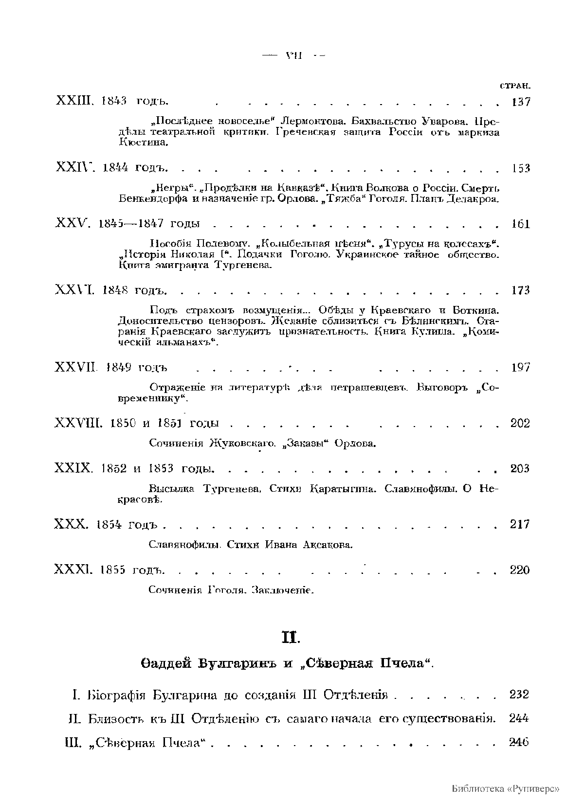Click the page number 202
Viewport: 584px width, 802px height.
pos(520,423)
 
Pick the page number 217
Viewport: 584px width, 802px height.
pos(520,524)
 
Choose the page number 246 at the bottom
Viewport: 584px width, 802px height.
pos(519,742)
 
